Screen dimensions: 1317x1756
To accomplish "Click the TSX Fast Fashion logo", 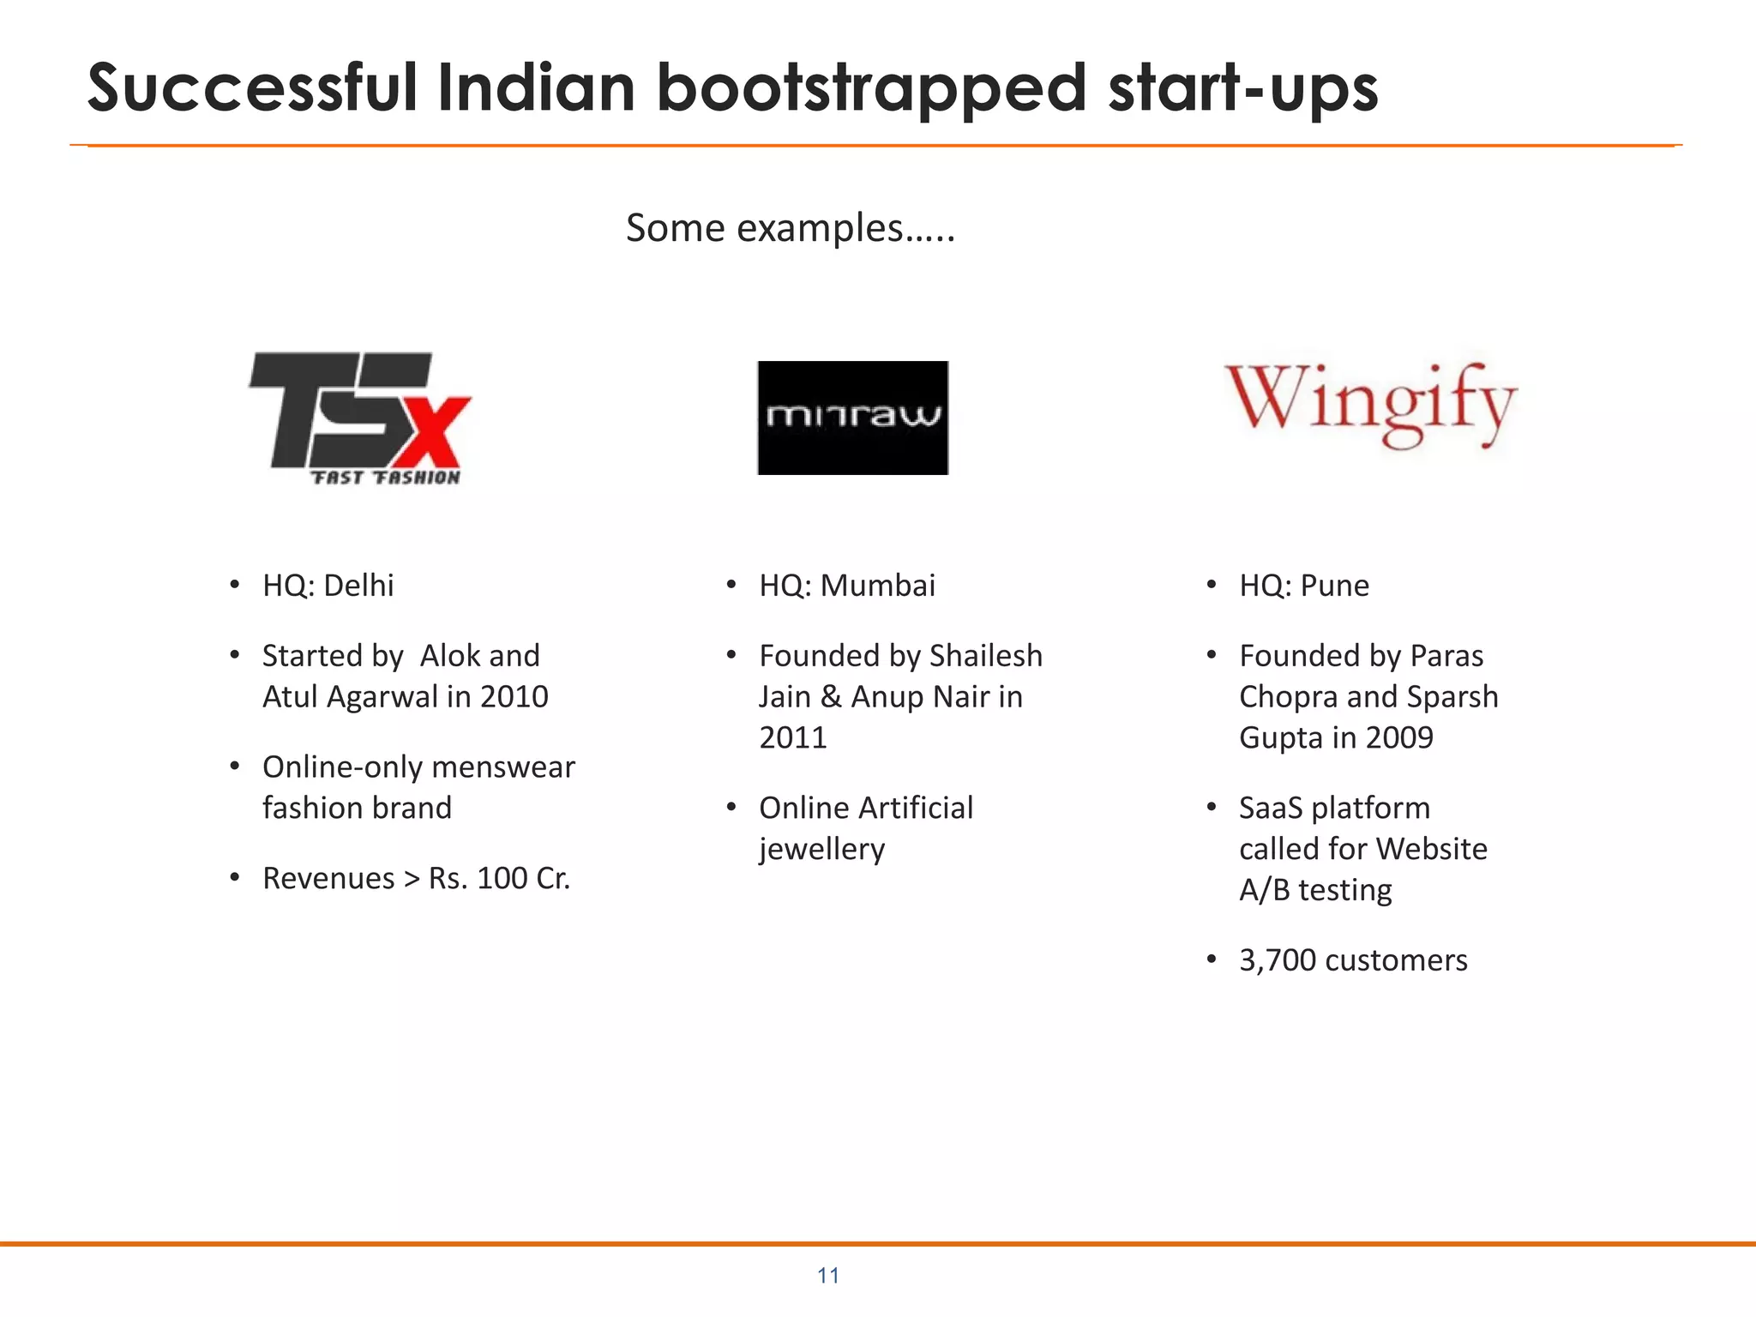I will click(360, 418).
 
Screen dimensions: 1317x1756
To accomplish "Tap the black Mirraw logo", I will click(852, 418).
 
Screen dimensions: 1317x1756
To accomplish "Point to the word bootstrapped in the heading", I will click(871, 89).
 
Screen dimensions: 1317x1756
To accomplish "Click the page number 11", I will click(828, 1276).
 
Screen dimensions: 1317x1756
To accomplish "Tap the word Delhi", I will click(358, 586).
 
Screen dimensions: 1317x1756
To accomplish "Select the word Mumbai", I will click(877, 586).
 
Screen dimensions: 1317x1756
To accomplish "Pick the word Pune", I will click(1334, 586).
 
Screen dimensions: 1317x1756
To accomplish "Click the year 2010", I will click(514, 697).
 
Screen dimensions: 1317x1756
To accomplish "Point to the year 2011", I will click(793, 737).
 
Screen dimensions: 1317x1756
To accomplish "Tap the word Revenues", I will click(328, 878).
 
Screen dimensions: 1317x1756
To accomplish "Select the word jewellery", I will click(821, 849).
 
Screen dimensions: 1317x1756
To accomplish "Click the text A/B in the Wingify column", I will click(1264, 890).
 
